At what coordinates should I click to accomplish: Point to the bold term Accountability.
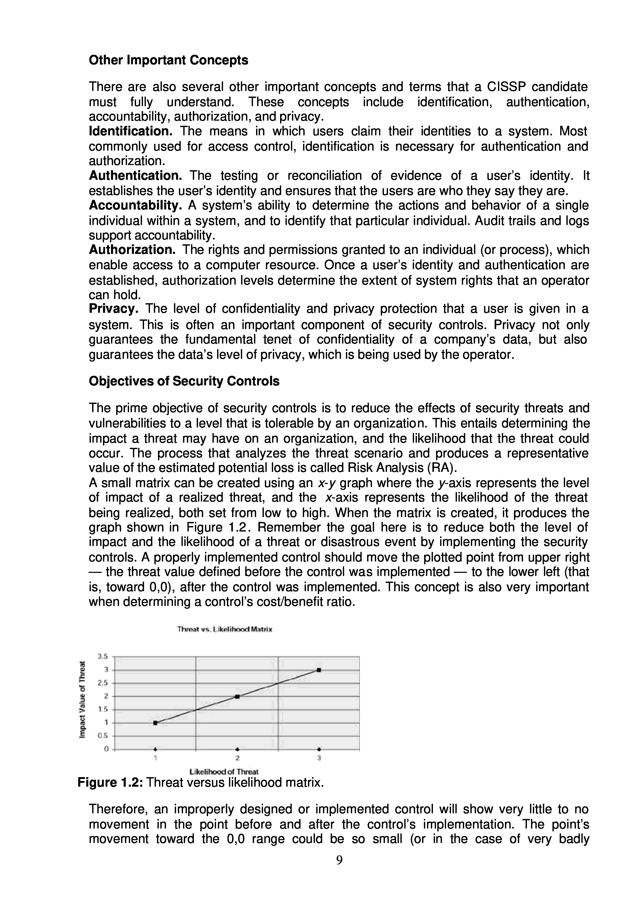(x=135, y=205)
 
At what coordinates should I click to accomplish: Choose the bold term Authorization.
(x=132, y=250)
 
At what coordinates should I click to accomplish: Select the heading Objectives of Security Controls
(x=184, y=381)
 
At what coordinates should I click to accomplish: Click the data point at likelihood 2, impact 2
(x=237, y=696)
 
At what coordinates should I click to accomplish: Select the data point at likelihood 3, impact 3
(x=319, y=670)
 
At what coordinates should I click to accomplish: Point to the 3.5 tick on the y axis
(x=103, y=657)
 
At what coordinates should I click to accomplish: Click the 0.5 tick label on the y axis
(x=103, y=736)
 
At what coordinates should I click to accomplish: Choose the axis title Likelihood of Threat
(x=224, y=771)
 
